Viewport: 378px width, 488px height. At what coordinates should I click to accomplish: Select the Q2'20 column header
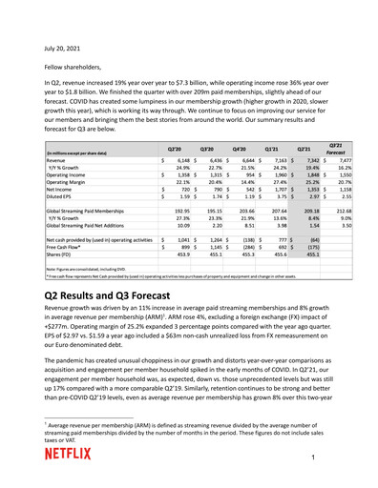coord(176,149)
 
